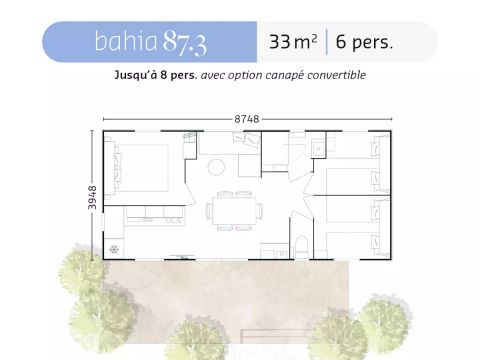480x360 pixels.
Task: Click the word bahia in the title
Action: (x=122, y=42)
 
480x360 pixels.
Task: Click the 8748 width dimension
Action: (x=246, y=118)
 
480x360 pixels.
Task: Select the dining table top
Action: (x=235, y=209)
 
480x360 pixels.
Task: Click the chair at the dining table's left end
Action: (x=206, y=209)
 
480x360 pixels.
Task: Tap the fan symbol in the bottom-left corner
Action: (x=115, y=248)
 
